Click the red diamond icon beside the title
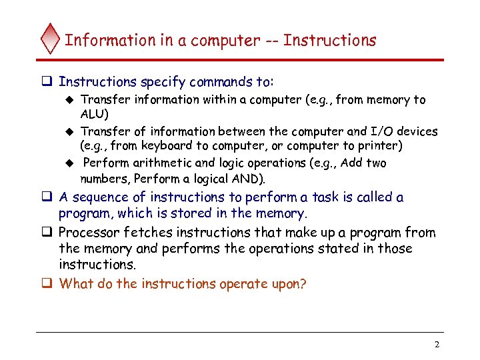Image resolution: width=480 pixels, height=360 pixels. point(51,39)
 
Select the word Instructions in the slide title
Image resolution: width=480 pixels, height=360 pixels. point(329,41)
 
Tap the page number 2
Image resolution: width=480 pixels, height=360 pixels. point(437,345)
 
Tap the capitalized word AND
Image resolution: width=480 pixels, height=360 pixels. point(247,179)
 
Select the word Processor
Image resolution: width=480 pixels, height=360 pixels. point(88,233)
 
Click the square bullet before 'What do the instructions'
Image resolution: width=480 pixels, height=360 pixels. point(48,284)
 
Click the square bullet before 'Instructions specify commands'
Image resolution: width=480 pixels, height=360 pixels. point(48,82)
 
